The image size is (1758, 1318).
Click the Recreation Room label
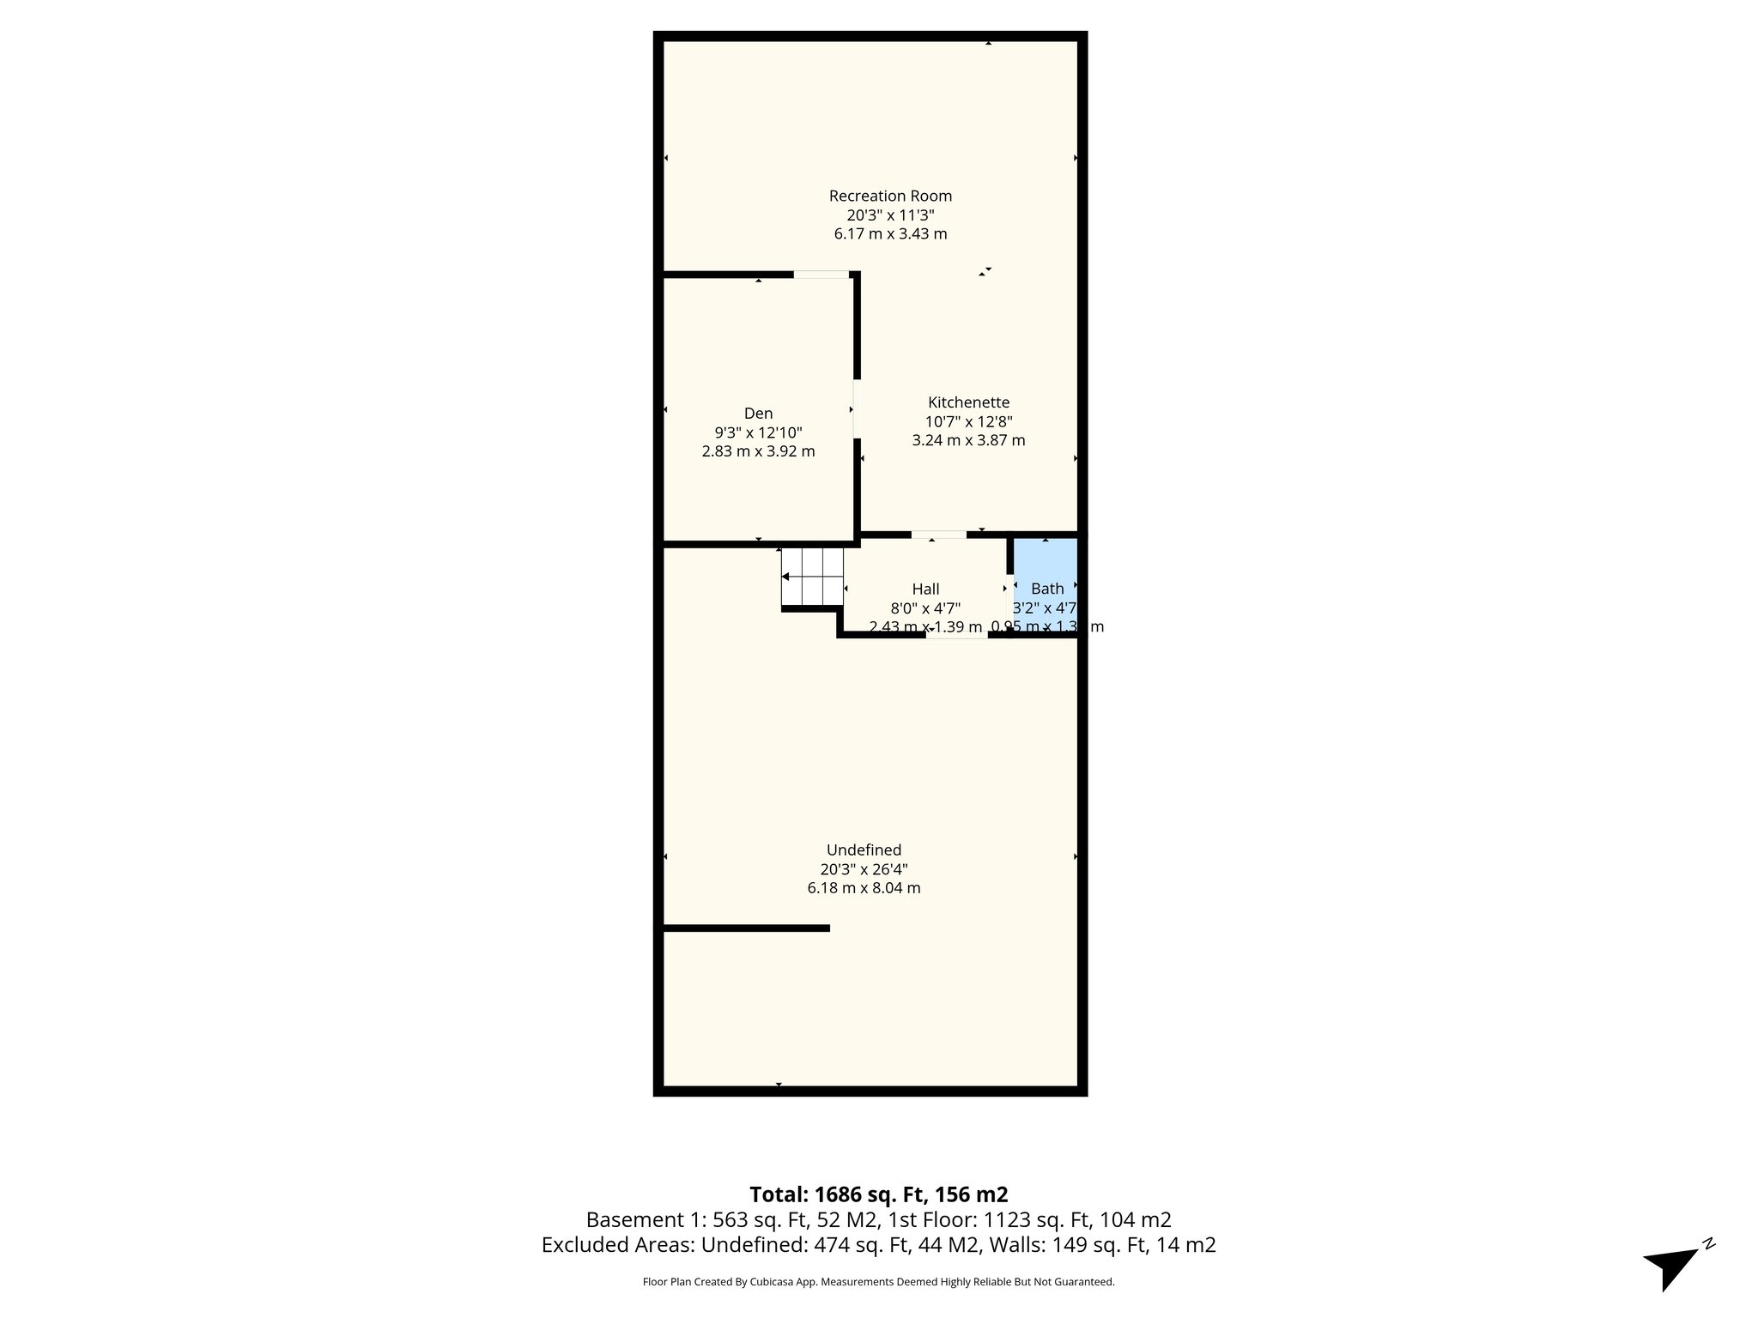point(890,196)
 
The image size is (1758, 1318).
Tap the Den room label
point(758,414)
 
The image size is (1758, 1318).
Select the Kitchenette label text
point(968,402)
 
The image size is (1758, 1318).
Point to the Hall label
point(925,589)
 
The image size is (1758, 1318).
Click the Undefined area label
point(864,849)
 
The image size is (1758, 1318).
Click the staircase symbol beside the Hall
point(812,576)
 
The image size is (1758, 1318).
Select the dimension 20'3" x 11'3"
point(890,215)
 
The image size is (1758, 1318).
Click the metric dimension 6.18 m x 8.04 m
point(864,888)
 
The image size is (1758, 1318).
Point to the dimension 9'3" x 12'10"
point(758,432)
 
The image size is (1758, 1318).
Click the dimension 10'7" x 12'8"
point(968,421)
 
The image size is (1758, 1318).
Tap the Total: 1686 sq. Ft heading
point(878,1194)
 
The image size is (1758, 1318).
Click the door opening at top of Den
point(821,275)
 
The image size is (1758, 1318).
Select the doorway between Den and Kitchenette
point(856,408)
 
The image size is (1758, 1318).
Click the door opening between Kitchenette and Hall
point(938,535)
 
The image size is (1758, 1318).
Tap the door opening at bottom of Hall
point(956,635)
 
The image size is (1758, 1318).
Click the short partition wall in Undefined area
point(745,928)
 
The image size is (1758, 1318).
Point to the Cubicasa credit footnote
point(878,1282)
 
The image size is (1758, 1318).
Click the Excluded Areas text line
point(878,1245)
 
